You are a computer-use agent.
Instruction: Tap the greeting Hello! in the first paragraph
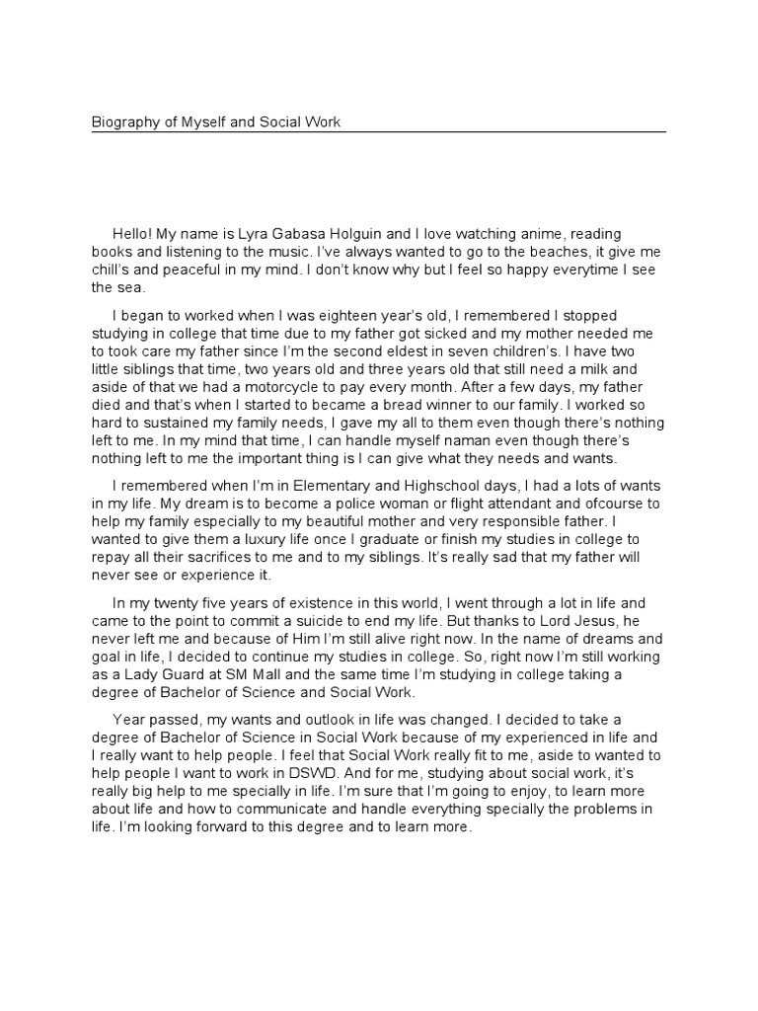(134, 233)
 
